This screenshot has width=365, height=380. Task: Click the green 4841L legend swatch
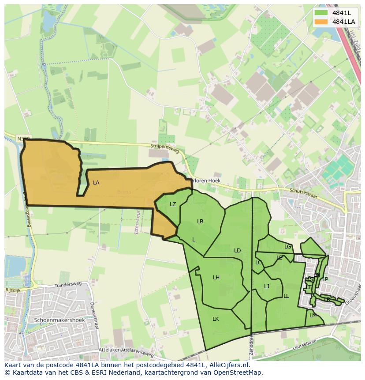point(321,13)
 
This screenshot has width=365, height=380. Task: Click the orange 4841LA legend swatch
point(321,21)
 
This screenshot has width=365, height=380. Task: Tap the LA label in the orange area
point(96,182)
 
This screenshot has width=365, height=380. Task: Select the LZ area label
point(173,204)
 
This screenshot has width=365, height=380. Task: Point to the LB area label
point(200,221)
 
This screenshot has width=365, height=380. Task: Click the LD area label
point(237,251)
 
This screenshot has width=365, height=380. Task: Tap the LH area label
point(216,278)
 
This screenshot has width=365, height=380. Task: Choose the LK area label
point(216,319)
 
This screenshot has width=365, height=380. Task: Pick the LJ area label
point(267,286)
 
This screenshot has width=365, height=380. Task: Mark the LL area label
point(286,296)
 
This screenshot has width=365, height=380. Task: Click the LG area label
point(288,247)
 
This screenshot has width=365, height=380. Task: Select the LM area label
point(313,315)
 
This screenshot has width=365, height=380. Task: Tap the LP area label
point(325,279)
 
